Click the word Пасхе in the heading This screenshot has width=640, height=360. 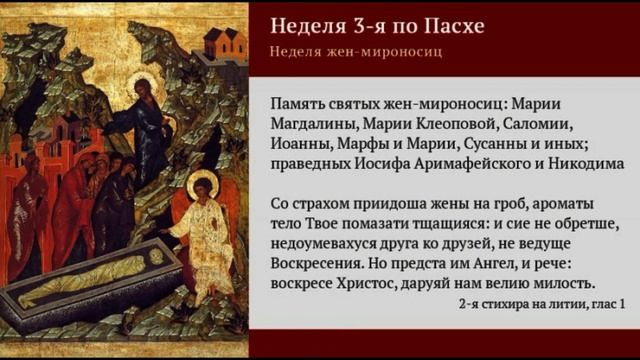tap(448, 25)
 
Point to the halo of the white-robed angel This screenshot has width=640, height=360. tap(202, 185)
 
